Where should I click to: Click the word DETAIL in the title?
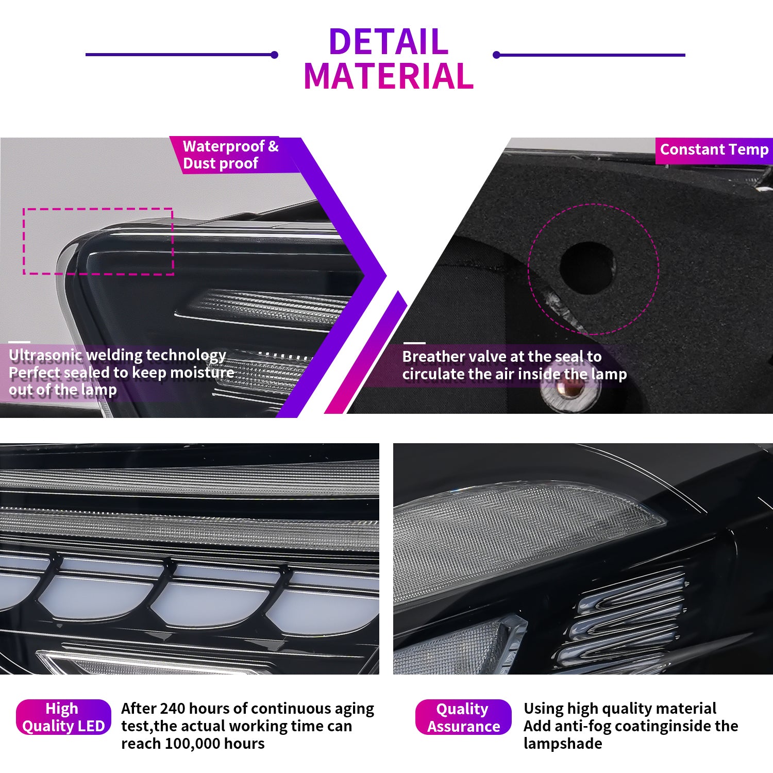click(389, 41)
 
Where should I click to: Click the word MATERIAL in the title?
click(389, 76)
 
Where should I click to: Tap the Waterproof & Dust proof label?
click(231, 155)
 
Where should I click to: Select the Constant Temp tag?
click(714, 150)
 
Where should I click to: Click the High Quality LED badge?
click(63, 717)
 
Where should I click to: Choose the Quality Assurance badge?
click(463, 717)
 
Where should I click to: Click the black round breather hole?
click(587, 267)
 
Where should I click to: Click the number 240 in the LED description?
click(173, 709)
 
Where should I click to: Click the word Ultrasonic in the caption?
click(45, 355)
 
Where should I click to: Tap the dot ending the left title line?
click(275, 55)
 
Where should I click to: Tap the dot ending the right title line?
click(496, 55)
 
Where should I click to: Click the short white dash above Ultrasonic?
click(20, 342)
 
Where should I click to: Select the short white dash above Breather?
click(414, 343)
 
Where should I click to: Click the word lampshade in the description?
click(563, 744)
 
